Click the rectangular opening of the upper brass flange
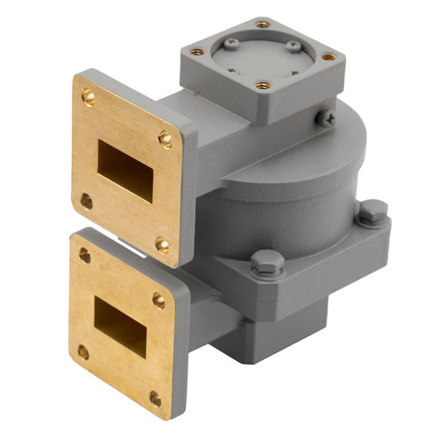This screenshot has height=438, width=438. [124, 166]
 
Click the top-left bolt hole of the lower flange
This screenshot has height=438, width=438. [85, 256]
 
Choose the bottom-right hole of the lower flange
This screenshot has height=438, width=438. [155, 399]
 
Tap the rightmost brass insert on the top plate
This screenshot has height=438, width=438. [328, 57]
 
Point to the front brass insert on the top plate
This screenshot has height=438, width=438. [263, 86]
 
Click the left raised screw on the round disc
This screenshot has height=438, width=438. [230, 41]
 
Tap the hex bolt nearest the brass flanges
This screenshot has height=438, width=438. [265, 260]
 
